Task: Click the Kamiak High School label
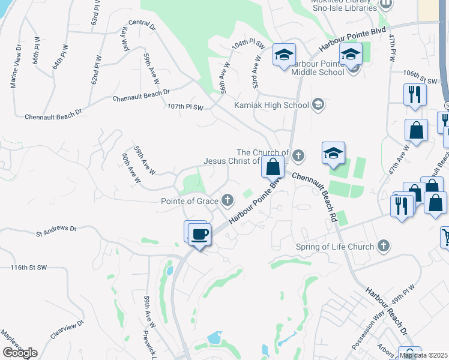271,105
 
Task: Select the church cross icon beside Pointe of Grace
228,200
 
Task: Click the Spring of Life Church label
335,246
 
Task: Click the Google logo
20,353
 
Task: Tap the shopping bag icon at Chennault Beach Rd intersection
273,167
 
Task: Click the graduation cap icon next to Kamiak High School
319,105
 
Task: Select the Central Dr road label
142,26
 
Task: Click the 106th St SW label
420,77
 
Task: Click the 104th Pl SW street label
249,44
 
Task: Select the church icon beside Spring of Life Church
384,246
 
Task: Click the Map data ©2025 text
423,355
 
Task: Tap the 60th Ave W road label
130,167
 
